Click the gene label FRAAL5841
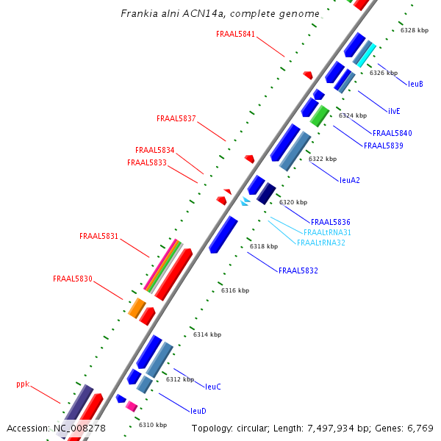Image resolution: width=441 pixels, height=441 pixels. [x=236, y=34]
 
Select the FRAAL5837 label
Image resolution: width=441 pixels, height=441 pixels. [x=176, y=118]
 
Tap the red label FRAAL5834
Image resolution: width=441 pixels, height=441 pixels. [x=155, y=150]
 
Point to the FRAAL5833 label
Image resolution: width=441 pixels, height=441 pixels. [x=147, y=162]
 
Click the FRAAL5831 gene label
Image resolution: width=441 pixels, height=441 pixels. [x=99, y=236]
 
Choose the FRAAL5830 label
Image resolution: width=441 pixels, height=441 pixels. [x=73, y=279]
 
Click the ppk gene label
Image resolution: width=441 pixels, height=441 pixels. [x=23, y=384]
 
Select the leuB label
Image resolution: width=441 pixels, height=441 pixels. [x=415, y=84]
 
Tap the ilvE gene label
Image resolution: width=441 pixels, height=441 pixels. [x=394, y=111]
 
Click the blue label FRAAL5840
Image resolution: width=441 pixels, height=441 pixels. [x=392, y=133]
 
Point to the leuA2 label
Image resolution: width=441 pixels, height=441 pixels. [x=350, y=179]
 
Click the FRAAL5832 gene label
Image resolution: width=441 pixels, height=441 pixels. [x=298, y=270]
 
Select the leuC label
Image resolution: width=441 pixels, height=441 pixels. [x=213, y=386]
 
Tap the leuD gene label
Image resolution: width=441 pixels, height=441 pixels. [x=198, y=411]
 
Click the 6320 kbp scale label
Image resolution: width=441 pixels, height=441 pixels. [x=293, y=202]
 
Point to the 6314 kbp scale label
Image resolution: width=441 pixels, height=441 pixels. [x=207, y=334]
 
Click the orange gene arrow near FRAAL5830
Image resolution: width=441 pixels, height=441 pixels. [x=137, y=308]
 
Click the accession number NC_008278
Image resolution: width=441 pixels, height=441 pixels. [x=80, y=428]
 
